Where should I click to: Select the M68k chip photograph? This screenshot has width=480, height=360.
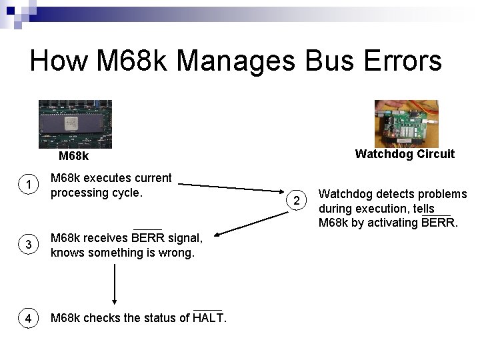pos(75,124)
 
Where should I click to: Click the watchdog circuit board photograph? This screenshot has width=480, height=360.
pos(407,124)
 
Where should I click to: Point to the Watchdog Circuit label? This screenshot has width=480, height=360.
pos(405,154)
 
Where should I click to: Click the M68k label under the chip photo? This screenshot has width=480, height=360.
pos(73,157)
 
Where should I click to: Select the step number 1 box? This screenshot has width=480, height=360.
pos(28,185)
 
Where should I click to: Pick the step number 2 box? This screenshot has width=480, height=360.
pos(298,200)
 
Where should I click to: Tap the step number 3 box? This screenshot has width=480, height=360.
pos(28,245)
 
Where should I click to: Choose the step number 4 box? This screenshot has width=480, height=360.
pos(28,319)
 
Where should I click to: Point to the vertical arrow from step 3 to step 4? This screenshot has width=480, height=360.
pos(115,284)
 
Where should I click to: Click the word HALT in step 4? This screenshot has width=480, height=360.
pos(209,318)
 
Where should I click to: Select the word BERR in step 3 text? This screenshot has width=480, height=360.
pos(147,238)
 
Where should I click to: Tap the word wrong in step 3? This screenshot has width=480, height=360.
pos(177,253)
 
